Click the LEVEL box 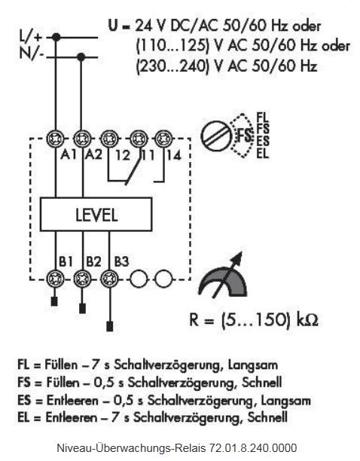click(96, 214)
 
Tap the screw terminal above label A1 click(56, 139)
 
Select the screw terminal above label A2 click(82, 139)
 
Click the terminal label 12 click(123, 155)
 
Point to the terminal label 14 click(174, 155)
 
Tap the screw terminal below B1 click(56, 279)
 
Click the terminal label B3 click(121, 261)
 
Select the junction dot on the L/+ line click(56, 38)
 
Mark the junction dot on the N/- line click(81, 57)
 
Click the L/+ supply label click(31, 36)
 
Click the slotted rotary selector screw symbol click(216, 136)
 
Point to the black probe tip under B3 click(110, 326)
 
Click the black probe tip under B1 click(54, 301)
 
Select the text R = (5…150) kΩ click(254, 319)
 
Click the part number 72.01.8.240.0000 click(253, 448)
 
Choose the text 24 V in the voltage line click(151, 26)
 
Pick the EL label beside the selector click(262, 153)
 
